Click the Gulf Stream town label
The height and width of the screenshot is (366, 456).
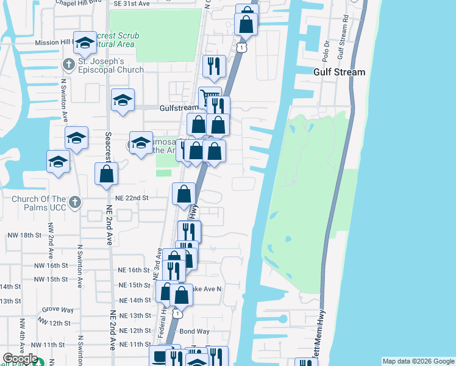340,72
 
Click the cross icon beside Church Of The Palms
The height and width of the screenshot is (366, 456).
74,202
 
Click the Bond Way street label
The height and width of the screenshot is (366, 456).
194,331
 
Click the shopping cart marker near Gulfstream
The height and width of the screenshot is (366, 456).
210,98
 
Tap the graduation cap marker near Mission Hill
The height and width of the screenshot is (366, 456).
84,42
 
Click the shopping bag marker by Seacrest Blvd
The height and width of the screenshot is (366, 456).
106,174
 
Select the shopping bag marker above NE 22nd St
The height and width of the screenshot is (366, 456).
183,194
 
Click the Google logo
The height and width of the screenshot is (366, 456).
20,359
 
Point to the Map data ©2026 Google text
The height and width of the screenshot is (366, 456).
418,361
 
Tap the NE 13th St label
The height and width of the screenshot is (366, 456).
135,315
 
